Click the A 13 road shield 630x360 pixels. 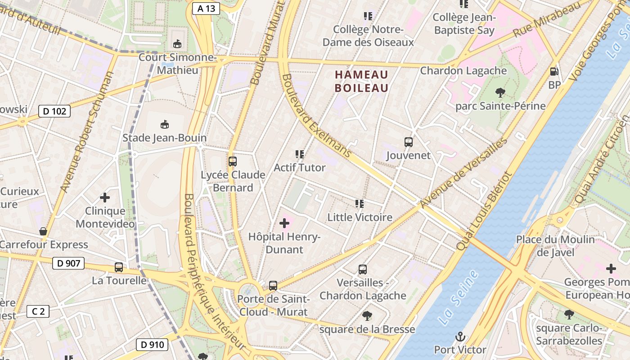click(x=206, y=8)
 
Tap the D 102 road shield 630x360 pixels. click(x=55, y=111)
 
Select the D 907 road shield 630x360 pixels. click(x=68, y=263)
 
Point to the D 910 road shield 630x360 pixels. click(x=152, y=345)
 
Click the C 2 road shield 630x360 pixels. click(x=38, y=311)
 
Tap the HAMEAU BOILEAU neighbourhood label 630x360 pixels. click(x=361, y=81)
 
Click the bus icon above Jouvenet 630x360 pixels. click(x=409, y=142)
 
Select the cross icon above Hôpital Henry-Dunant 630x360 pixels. click(x=284, y=223)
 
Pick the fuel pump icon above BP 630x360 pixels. click(x=554, y=71)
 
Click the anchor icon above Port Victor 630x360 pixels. click(x=460, y=336)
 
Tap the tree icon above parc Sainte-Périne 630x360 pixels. click(x=500, y=93)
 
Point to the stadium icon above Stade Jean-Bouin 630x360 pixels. click(x=165, y=124)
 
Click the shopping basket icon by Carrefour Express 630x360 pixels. click(x=43, y=231)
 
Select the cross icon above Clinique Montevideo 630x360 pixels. click(x=105, y=197)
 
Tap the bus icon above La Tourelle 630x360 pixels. click(x=119, y=267)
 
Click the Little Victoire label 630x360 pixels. click(x=360, y=217)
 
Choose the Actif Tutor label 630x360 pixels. click(x=300, y=167)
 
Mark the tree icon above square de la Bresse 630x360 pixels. click(x=367, y=315)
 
